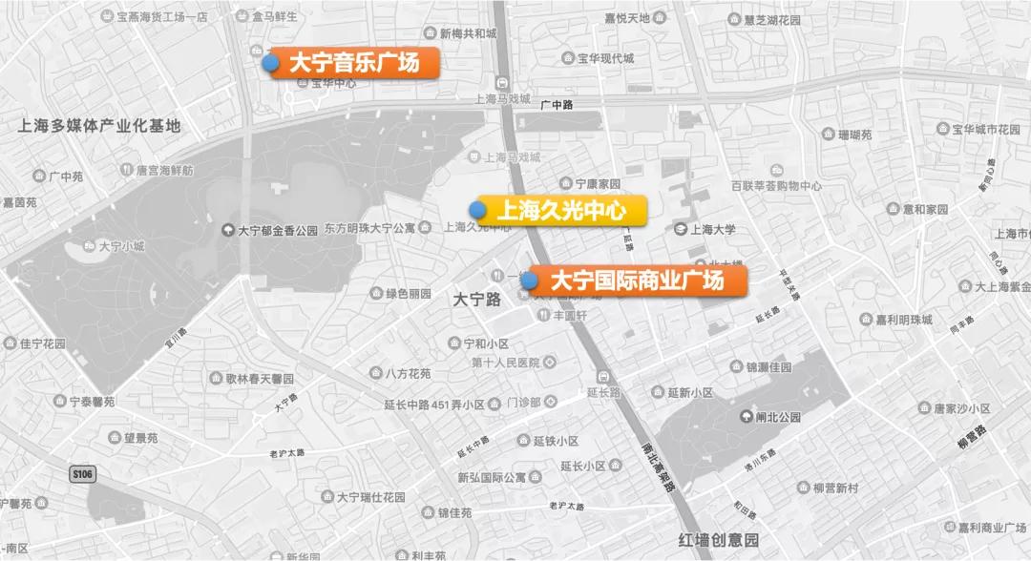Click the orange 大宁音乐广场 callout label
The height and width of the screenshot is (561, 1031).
coord(353,64)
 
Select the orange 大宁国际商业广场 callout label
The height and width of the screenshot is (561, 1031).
coord(638,280)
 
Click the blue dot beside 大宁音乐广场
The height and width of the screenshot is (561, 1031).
coord(271,63)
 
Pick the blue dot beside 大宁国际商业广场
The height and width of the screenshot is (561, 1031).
coord(528,280)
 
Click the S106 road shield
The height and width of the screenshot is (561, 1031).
coord(84,473)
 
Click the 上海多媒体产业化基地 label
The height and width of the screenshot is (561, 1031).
coord(99,125)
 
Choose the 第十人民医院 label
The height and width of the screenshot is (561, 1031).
coord(506,363)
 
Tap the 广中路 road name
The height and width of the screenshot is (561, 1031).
coord(557,105)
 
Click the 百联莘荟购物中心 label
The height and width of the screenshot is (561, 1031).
coord(776,186)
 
